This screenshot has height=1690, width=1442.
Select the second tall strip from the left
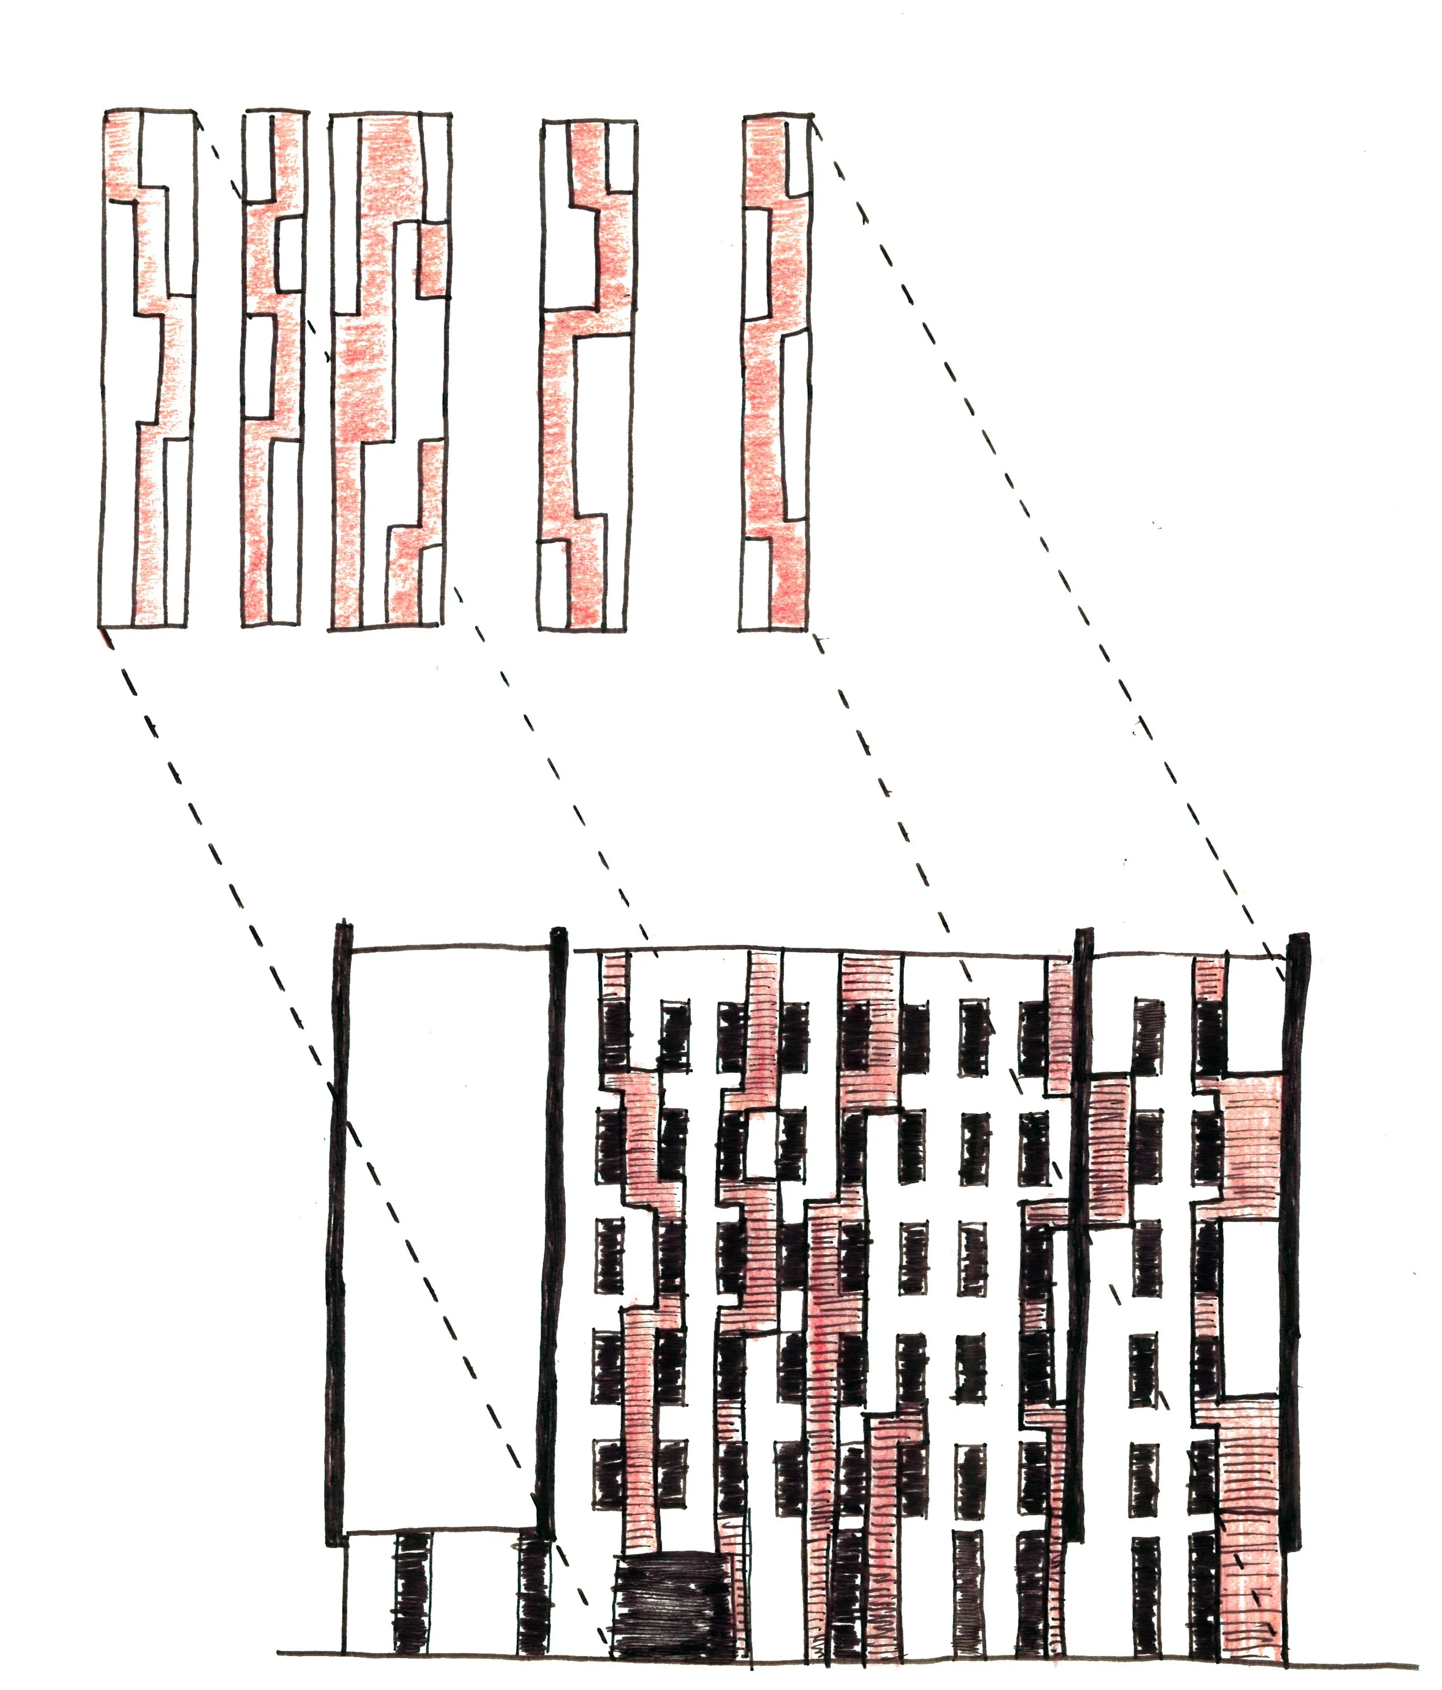[x=274, y=367]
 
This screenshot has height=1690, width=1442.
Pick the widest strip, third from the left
[x=390, y=367]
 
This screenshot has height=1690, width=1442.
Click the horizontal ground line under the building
[x=816, y=1656]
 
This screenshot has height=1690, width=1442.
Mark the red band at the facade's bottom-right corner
[x=1252, y=1550]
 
